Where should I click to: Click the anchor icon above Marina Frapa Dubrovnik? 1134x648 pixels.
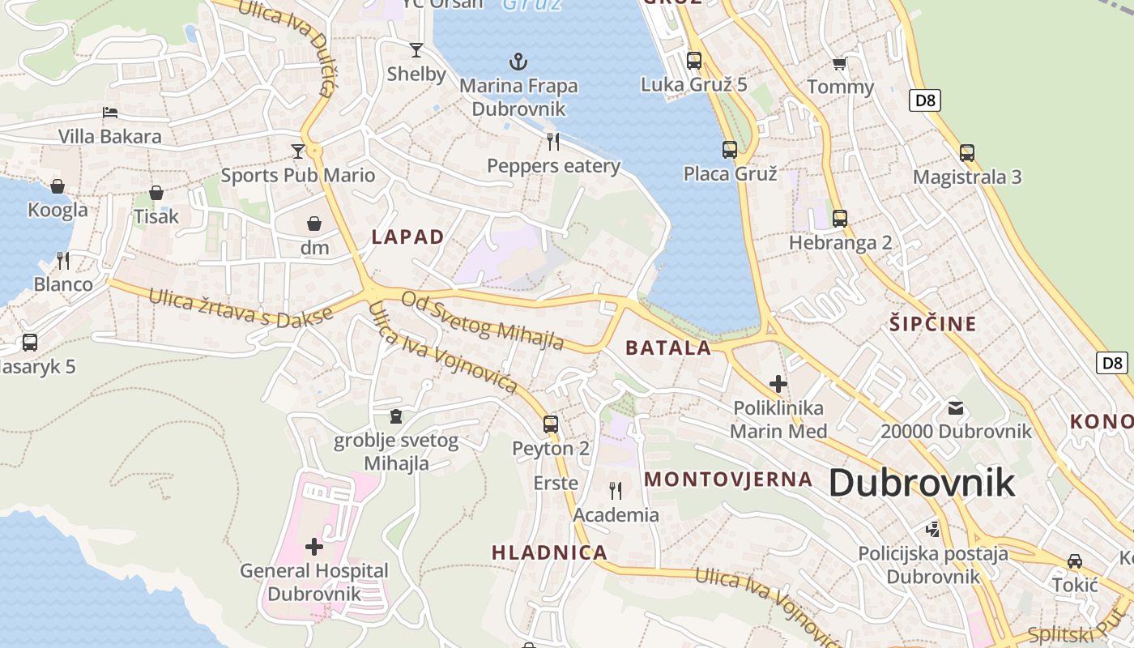(518, 61)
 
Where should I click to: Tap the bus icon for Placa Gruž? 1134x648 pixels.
(730, 149)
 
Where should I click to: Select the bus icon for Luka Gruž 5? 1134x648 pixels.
(694, 60)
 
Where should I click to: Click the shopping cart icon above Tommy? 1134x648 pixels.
(840, 63)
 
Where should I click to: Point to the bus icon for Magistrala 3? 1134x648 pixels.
(967, 152)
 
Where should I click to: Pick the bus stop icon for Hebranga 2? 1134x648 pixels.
(840, 218)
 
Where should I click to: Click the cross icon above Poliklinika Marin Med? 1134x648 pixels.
(778, 383)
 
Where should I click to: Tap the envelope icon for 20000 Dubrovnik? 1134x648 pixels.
(956, 407)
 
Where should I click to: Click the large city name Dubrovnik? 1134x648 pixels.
(922, 483)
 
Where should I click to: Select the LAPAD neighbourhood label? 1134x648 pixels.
(407, 237)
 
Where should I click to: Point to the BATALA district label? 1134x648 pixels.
(668, 348)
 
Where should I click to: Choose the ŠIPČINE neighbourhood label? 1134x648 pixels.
(933, 324)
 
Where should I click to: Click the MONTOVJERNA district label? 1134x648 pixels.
(728, 479)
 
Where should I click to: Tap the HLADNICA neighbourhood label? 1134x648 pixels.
(549, 552)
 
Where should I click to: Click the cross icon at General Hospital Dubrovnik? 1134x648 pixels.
(314, 547)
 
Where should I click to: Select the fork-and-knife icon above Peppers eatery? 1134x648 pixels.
(553, 142)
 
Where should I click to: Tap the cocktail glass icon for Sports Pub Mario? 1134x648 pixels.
(298, 151)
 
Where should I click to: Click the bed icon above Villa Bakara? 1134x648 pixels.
(110, 112)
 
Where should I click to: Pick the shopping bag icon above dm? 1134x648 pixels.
(314, 223)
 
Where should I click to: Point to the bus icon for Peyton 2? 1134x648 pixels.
(551, 424)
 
